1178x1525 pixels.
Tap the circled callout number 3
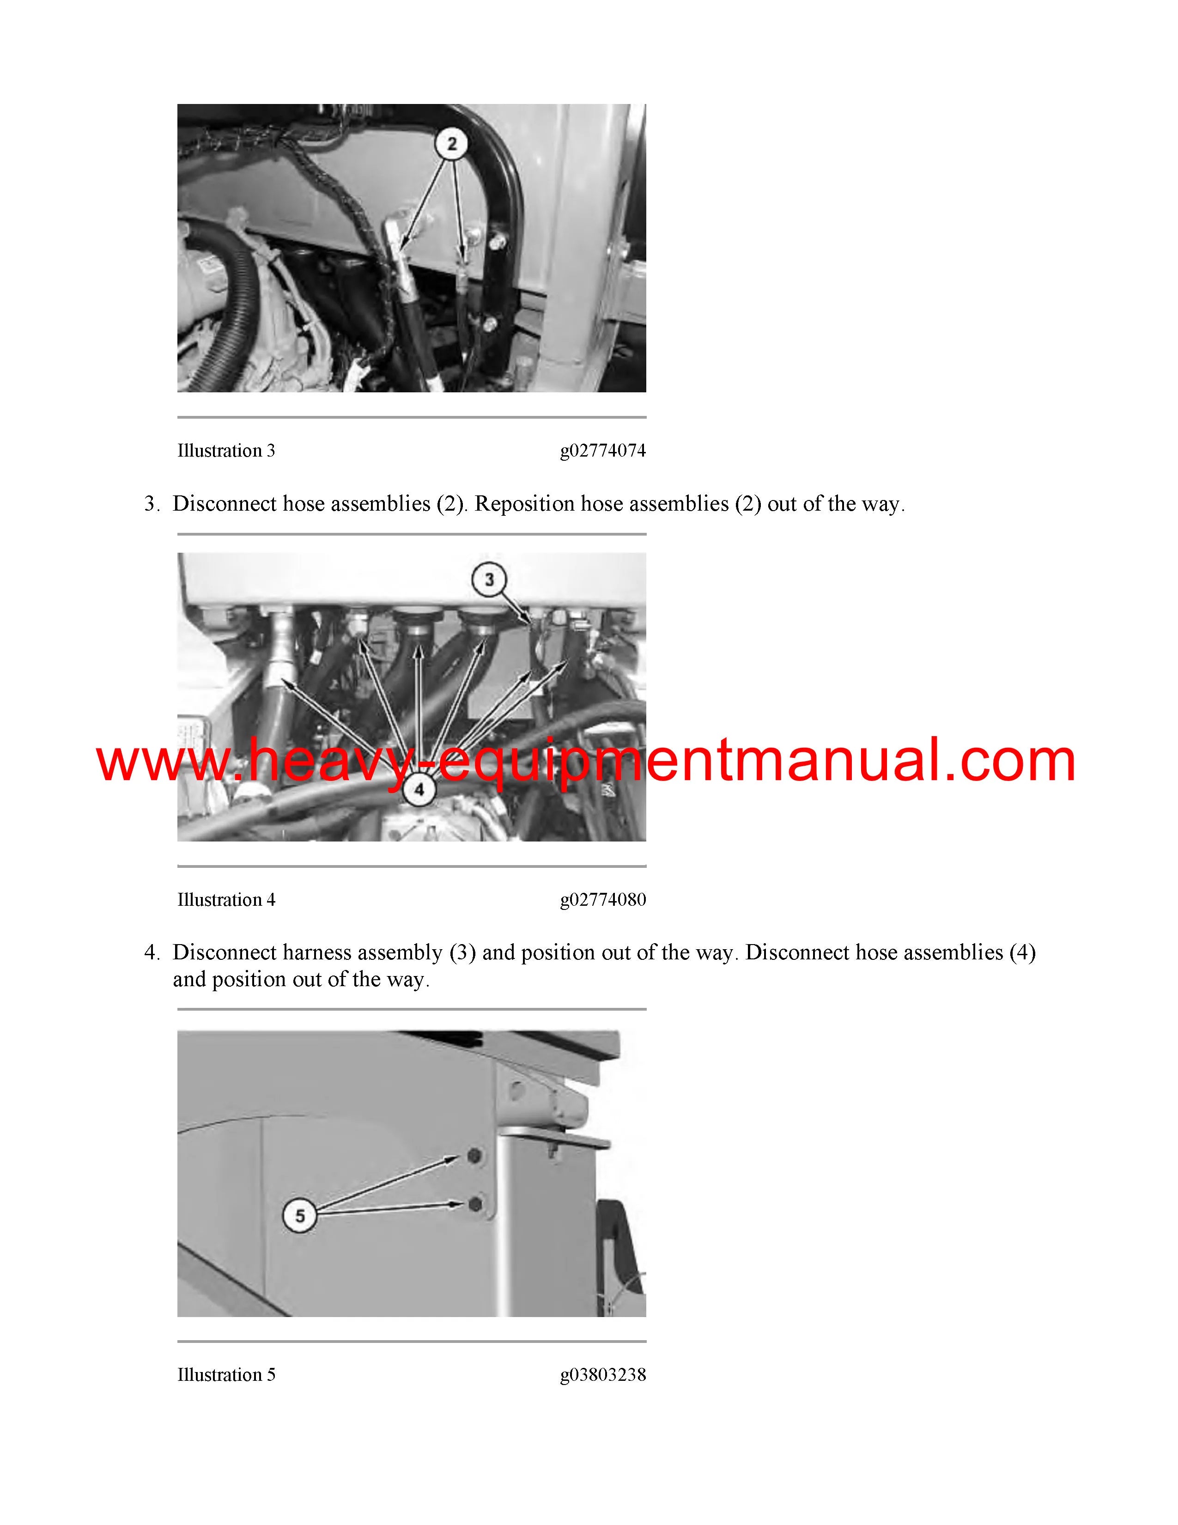point(489,579)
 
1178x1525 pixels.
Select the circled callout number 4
point(419,790)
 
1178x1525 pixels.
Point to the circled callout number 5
point(299,1216)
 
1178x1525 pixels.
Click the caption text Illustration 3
point(226,451)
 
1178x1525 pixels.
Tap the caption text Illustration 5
point(226,1375)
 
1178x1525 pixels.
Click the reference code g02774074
point(603,451)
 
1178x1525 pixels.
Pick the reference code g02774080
point(603,900)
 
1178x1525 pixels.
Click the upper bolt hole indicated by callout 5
point(474,1156)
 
